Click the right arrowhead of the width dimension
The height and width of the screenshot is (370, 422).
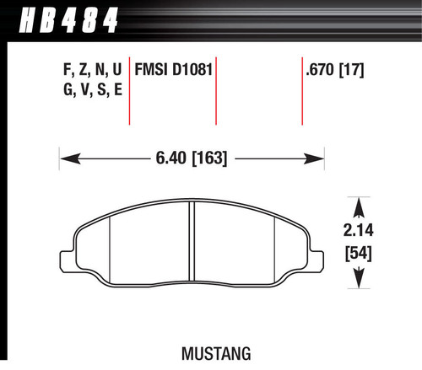317,157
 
